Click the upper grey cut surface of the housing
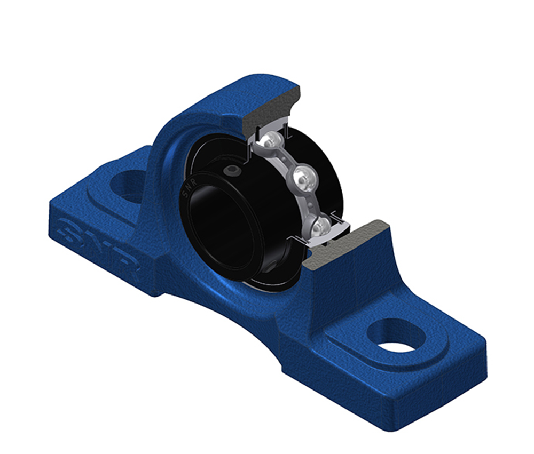point(269,109)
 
